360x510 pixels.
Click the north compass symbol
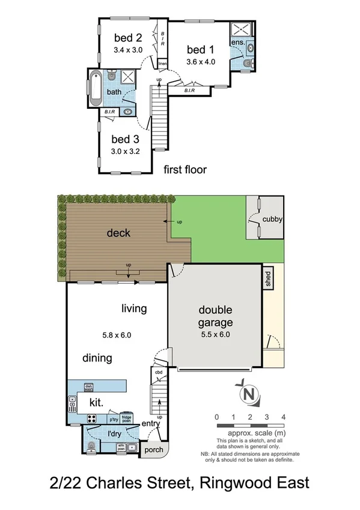(246, 394)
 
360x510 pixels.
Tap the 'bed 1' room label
(200, 49)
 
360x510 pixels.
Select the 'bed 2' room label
(128, 38)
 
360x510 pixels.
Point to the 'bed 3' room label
(125, 139)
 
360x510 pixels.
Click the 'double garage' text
(216, 317)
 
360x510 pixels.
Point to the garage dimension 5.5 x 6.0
(216, 335)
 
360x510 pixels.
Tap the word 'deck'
(118, 233)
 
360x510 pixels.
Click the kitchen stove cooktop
(93, 419)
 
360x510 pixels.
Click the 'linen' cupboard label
(162, 64)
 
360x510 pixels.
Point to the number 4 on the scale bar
(282, 417)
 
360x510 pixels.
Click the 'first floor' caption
(185, 170)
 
